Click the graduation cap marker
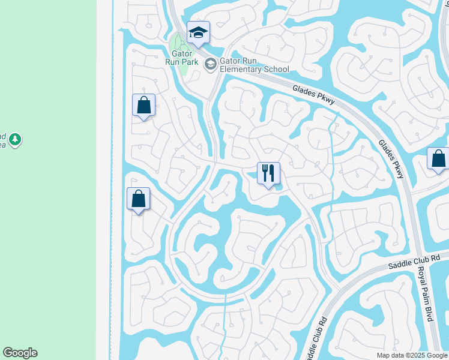(197, 32)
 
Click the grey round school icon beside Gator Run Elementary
(210, 64)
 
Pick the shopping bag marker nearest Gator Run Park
(144, 105)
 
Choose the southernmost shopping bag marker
(139, 199)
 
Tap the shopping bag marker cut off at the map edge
(439, 159)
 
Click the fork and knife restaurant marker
(268, 173)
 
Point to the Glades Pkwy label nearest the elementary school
(313, 96)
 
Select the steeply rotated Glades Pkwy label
(391, 159)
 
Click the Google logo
(20, 353)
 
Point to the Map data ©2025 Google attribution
(412, 355)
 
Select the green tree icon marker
(15, 140)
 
